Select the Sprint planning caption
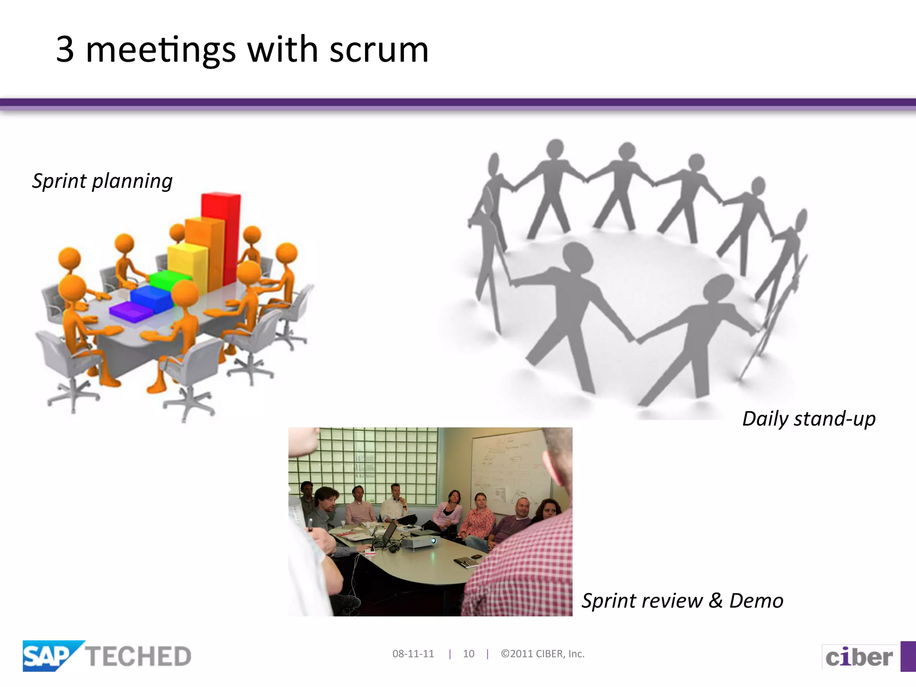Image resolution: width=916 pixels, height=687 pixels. point(102,181)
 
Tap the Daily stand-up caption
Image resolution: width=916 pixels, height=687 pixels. point(809,419)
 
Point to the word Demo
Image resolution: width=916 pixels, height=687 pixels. point(756,601)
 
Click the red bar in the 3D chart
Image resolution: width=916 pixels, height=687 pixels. point(222,233)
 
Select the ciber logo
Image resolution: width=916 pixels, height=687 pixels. point(859,657)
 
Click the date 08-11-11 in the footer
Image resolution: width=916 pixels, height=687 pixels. point(413,654)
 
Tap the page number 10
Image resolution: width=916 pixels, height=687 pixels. point(468,654)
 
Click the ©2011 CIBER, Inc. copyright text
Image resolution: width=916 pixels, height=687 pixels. point(543,654)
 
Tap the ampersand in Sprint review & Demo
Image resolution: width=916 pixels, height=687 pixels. point(716,601)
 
